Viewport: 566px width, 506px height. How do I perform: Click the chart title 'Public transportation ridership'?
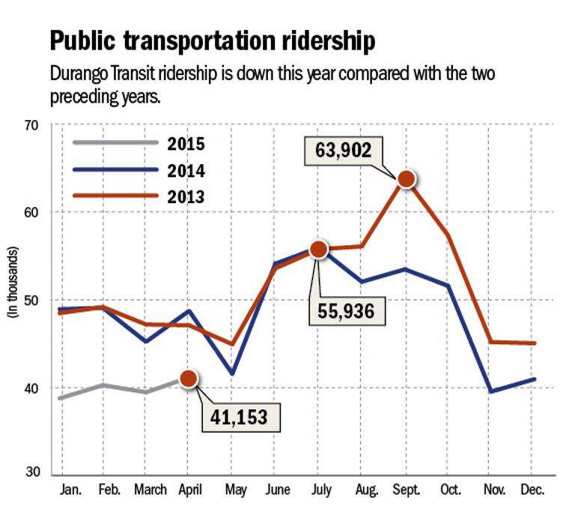[x=213, y=40]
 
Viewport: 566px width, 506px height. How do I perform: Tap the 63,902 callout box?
[x=344, y=151]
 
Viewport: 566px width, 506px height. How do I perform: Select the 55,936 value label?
[x=347, y=311]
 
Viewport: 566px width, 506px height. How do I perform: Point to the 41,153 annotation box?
[x=240, y=417]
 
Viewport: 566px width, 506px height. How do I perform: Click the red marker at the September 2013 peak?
[x=407, y=179]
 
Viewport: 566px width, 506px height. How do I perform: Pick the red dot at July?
[x=318, y=249]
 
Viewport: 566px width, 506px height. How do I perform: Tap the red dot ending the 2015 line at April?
[x=189, y=379]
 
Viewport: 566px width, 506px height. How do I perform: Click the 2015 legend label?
[x=186, y=144]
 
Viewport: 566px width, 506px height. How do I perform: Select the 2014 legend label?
[x=186, y=171]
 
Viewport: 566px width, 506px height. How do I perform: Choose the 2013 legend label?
[x=186, y=197]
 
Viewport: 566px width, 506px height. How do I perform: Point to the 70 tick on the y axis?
[x=31, y=126]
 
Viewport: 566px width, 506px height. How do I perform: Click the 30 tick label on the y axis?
[x=32, y=472]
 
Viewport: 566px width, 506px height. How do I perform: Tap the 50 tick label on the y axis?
[x=31, y=300]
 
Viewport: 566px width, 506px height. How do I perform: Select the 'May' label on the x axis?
[x=236, y=490]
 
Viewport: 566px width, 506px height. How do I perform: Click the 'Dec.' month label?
[x=532, y=490]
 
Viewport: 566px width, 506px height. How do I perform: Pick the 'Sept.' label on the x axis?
[x=407, y=490]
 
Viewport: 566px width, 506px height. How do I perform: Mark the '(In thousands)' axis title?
[x=13, y=282]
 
